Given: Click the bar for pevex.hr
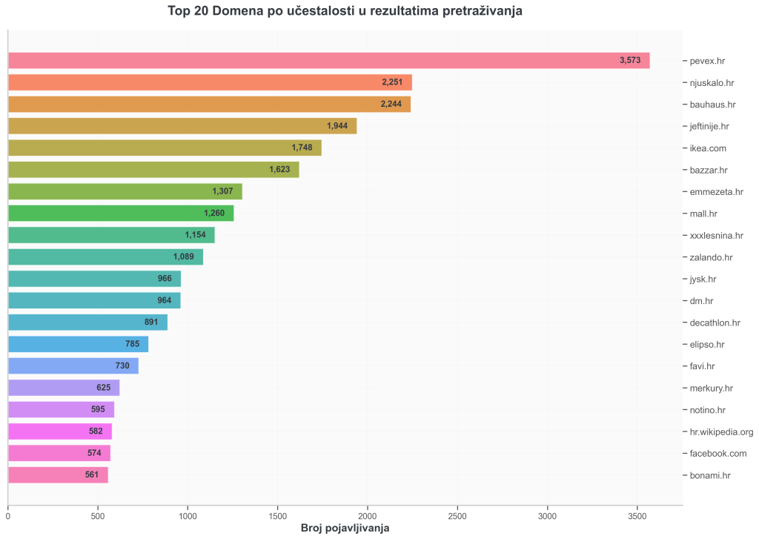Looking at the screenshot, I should pos(328,61).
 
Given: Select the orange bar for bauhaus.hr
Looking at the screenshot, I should pos(209,105).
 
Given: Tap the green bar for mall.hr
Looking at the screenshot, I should pos(121,214).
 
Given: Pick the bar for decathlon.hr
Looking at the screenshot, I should pos(87,323).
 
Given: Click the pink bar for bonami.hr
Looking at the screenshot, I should pos(58,475).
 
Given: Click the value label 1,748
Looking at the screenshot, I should pos(302,148).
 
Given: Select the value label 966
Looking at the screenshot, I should pos(165,280).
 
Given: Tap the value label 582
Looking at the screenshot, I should pos(96,431).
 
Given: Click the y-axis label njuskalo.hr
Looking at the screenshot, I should pos(712,83).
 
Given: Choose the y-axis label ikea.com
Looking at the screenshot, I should pos(708,148).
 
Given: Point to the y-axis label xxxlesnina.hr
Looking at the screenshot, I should pos(716,236).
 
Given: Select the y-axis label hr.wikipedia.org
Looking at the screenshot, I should pos(721,431).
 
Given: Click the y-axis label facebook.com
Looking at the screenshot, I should pos(718,454).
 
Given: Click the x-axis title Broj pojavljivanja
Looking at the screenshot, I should pos(345,529).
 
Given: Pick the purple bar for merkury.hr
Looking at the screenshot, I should pos(64,388).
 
